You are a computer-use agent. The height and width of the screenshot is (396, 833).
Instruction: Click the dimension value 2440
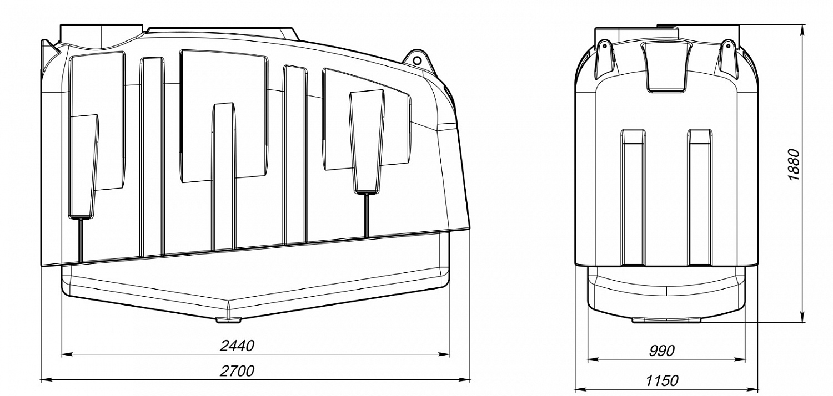pos(237,346)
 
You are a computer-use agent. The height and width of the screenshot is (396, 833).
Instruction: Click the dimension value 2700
pos(237,370)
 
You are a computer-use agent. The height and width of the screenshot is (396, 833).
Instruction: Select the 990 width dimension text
pos(661,351)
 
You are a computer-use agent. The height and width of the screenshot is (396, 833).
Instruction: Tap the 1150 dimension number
pos(661,380)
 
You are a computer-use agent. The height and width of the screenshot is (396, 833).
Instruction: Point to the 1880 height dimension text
pos(794,165)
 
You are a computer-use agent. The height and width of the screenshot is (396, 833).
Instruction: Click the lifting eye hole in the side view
pos(417,60)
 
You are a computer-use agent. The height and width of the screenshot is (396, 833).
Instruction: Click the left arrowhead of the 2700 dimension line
pos(46,379)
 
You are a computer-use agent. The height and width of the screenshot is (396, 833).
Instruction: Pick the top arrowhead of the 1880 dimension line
pos(803,31)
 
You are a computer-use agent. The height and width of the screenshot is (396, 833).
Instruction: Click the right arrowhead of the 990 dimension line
pos(740,359)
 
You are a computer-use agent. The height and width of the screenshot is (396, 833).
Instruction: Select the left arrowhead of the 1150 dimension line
pos(580,389)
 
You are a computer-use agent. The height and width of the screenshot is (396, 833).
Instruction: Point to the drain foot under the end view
pos(666,319)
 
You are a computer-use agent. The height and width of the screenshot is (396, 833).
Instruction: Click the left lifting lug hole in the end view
pos(605,46)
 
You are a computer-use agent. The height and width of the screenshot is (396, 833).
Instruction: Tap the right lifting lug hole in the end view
pos(727,46)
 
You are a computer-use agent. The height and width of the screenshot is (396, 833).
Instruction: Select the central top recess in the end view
pos(666,67)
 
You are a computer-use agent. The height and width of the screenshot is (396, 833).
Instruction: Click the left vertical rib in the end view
pos(633,197)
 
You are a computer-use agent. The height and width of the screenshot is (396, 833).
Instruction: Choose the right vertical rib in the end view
pos(700,197)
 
